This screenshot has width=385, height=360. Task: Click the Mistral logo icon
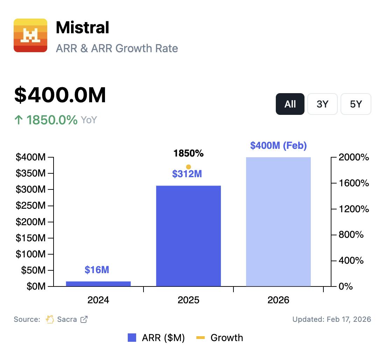click(30, 35)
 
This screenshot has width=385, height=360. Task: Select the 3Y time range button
click(322, 104)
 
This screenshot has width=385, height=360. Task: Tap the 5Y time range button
click(356, 104)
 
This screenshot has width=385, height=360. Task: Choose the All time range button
click(290, 104)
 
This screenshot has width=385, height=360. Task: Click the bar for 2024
click(98, 284)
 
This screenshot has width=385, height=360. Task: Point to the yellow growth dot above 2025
click(188, 167)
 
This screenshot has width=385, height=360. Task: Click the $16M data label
click(97, 270)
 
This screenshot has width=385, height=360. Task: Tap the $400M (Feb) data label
click(278, 145)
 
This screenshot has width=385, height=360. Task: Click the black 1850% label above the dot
click(188, 153)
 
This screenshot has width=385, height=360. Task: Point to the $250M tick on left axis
click(30, 206)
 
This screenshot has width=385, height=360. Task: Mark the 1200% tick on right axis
click(354, 209)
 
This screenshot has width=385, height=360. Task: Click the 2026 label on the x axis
click(278, 300)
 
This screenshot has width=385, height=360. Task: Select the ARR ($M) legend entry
click(156, 338)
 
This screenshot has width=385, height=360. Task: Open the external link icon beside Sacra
click(84, 319)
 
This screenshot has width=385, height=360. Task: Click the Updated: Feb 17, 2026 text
click(331, 319)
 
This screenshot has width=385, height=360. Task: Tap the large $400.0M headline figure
click(60, 95)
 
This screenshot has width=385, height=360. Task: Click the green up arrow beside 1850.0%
click(18, 120)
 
